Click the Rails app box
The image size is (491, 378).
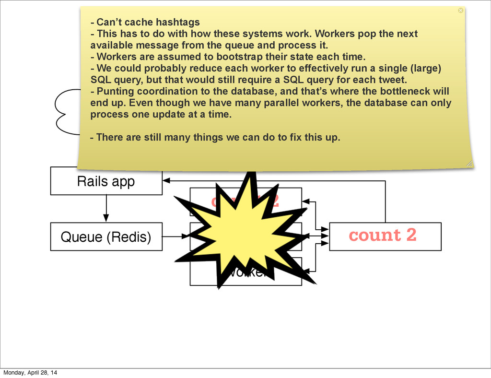click(106, 181)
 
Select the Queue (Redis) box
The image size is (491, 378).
click(106, 237)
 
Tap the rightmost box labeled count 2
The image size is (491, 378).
click(385, 236)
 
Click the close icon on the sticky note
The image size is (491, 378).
click(461, 10)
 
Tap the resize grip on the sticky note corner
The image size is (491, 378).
click(469, 164)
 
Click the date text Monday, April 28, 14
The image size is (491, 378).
click(30, 372)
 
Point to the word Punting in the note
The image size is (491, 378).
click(113, 91)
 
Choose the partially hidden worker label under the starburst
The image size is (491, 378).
click(249, 273)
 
